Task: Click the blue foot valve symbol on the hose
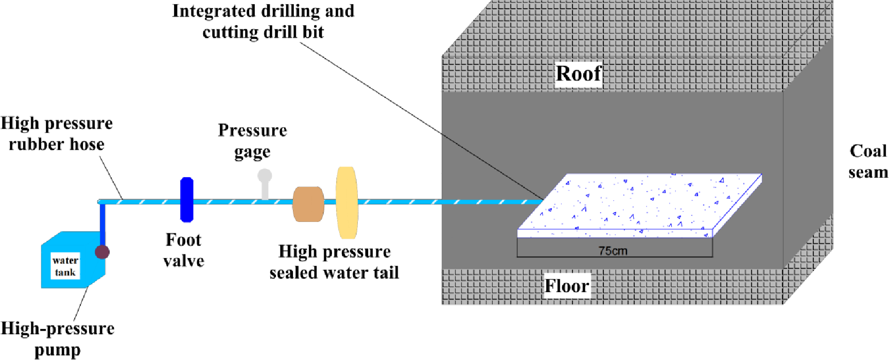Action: click(186, 200)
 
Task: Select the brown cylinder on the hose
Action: click(308, 204)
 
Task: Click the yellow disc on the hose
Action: click(346, 202)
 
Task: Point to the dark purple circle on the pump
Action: click(102, 252)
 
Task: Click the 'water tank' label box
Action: click(65, 266)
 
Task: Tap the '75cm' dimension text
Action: click(613, 251)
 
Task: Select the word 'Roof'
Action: click(579, 74)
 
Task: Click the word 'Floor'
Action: click(567, 286)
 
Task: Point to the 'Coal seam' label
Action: click(868, 161)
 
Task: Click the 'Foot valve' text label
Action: click(184, 250)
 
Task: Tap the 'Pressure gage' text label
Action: click(252, 141)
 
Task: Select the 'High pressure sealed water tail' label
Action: click(334, 262)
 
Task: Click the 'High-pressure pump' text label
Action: click(57, 338)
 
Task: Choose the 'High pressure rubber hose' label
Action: click(56, 133)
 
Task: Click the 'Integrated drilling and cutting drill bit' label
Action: click(263, 21)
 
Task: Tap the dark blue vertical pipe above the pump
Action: click(102, 225)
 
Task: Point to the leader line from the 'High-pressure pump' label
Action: click(81, 303)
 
